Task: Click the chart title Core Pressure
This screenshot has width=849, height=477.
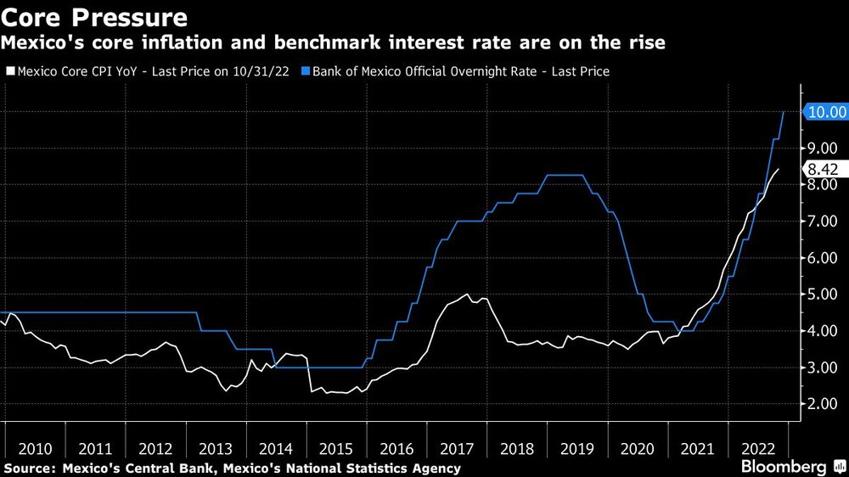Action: coord(94,16)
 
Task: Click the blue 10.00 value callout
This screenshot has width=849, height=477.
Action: coord(824,112)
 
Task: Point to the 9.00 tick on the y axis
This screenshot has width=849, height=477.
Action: coord(821,149)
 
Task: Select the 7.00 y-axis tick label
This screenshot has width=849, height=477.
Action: coord(821,222)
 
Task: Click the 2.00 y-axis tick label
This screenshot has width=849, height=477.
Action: coord(821,405)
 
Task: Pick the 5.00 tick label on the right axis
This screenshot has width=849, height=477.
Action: coord(821,295)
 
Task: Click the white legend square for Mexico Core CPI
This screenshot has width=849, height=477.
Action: coord(10,72)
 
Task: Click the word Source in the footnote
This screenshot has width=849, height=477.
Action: coord(27,469)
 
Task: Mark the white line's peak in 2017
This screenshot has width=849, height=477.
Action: coord(467,295)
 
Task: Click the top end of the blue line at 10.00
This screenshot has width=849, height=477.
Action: coord(783,112)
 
